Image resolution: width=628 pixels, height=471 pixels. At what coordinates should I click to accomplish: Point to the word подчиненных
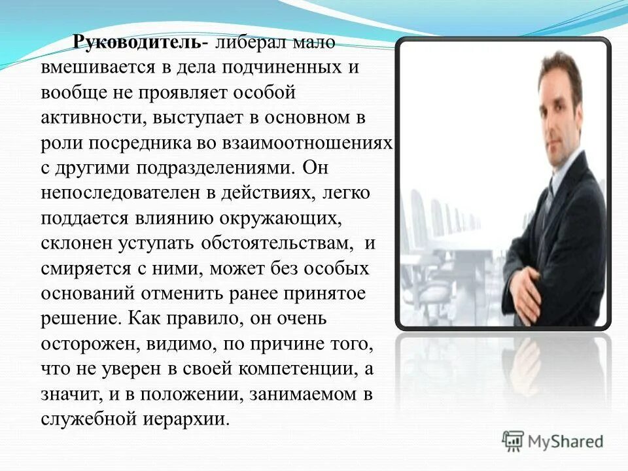point(275,68)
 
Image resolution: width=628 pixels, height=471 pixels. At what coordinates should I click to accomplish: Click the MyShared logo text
point(566,441)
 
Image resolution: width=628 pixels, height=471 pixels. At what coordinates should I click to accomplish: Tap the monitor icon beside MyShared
point(514,440)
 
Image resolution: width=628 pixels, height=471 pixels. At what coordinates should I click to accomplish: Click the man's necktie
point(547,196)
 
